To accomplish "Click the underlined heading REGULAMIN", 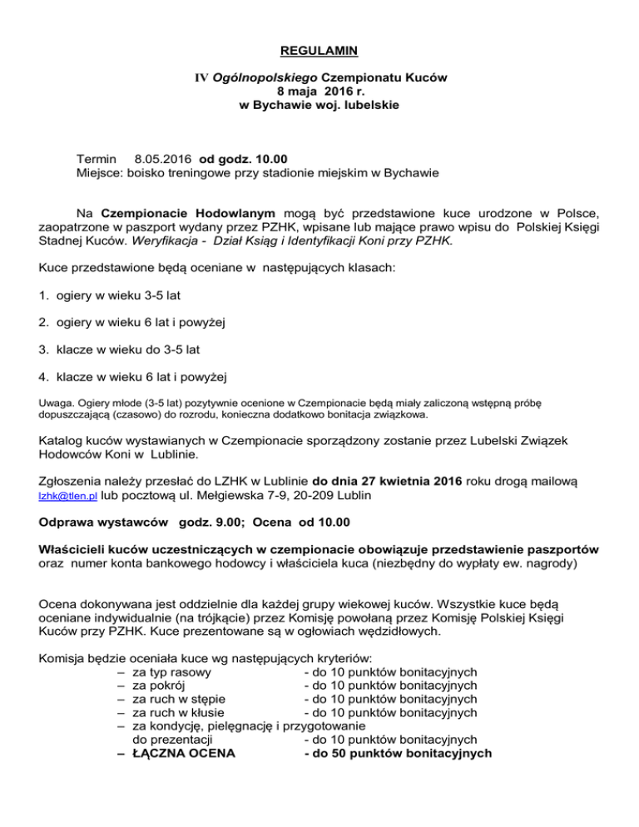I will pyautogui.click(x=319, y=49).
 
